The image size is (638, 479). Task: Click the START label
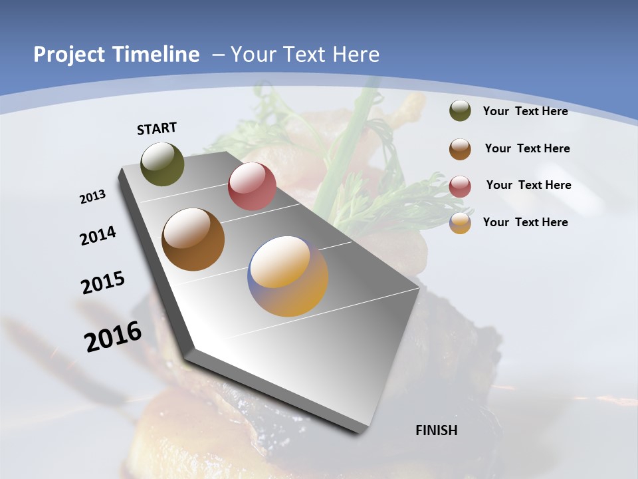click(x=157, y=128)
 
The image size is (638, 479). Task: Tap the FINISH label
click(x=437, y=430)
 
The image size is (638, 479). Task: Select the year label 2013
click(x=93, y=197)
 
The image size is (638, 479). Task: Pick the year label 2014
click(x=98, y=236)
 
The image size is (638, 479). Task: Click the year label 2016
click(x=113, y=337)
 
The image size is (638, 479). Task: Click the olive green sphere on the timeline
click(x=163, y=164)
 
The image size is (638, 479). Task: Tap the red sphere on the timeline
click(x=252, y=186)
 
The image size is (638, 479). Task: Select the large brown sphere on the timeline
click(x=193, y=239)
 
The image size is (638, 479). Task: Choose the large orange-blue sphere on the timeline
click(x=288, y=276)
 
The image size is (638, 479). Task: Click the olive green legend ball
click(x=460, y=111)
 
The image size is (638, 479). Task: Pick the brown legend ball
click(x=460, y=149)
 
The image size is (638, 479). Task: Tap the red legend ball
click(x=460, y=186)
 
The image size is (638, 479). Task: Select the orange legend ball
click(x=460, y=223)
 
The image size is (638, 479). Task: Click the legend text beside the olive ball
click(x=525, y=111)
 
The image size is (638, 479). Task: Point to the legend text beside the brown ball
click(x=527, y=148)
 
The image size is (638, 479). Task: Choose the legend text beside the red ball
click(x=528, y=185)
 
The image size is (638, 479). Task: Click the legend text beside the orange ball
click(x=525, y=222)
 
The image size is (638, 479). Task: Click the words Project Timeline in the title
click(x=116, y=55)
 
